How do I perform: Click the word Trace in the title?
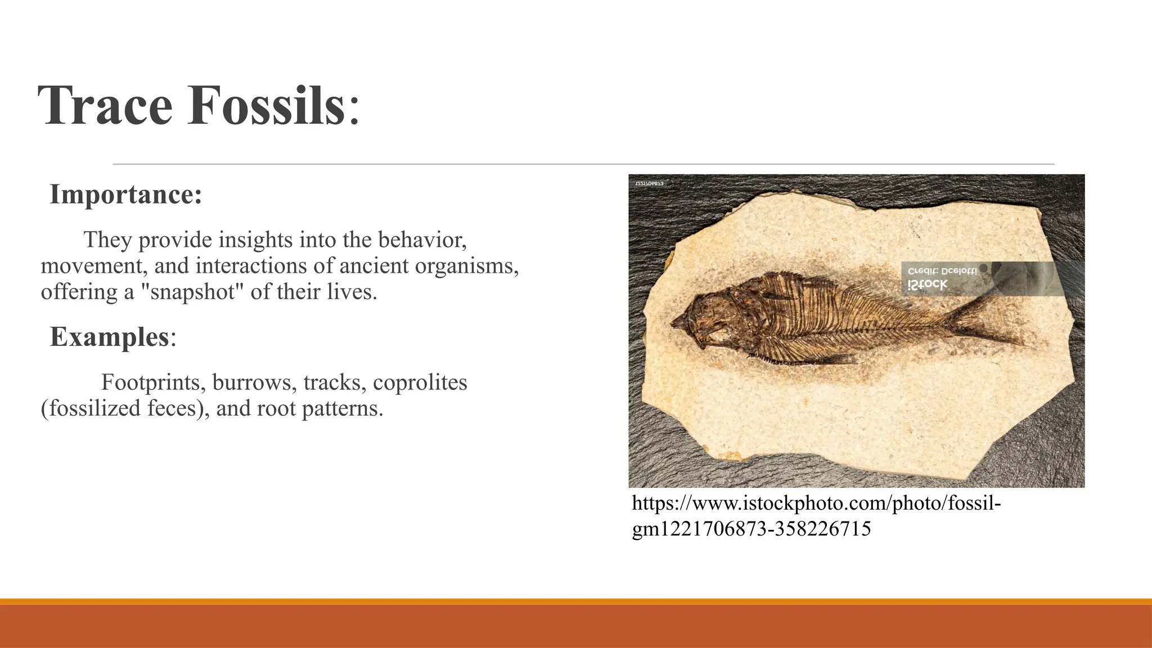(x=105, y=106)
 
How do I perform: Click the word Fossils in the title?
(x=266, y=106)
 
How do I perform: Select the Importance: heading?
(x=125, y=195)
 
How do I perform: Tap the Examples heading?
(x=110, y=337)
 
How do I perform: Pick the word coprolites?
(x=420, y=382)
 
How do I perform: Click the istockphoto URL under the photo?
(x=816, y=503)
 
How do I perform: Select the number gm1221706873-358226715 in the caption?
(x=751, y=529)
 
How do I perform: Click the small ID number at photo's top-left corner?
(x=649, y=184)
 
